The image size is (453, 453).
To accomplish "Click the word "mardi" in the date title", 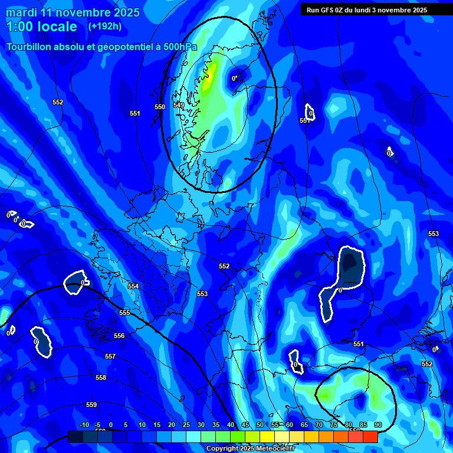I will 21,12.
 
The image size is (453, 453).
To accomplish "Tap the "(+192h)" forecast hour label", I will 105,26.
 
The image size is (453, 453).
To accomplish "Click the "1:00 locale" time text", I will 41,27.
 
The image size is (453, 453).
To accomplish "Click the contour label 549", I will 179,105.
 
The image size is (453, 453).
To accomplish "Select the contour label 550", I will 160,107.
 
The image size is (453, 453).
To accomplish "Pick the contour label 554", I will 133,286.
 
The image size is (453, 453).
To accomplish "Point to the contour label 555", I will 124,313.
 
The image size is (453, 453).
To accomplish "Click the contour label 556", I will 119,336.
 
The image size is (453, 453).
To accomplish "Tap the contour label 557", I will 110,357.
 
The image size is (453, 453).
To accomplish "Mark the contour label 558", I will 101,377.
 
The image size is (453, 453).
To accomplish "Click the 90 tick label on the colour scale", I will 377,425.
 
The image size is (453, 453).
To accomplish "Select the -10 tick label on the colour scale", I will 84,425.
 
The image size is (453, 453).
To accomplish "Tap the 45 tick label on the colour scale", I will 245,425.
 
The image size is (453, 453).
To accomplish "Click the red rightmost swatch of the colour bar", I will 370,436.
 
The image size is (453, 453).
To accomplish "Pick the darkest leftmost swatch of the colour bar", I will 75,436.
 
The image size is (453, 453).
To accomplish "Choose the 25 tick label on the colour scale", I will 186,425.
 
